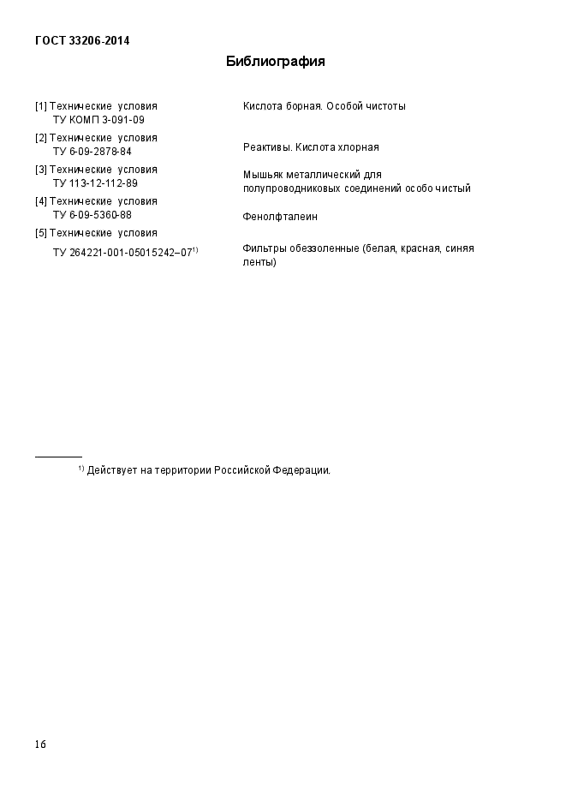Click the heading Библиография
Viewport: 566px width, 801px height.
[275, 62]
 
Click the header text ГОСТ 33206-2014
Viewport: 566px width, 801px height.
[82, 40]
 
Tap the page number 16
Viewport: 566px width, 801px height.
[40, 744]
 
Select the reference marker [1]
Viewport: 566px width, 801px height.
[41, 106]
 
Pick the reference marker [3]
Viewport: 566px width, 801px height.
[41, 170]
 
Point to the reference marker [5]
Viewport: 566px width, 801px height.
[41, 233]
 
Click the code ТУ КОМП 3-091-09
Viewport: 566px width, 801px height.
[98, 120]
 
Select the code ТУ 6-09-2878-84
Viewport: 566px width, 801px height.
[92, 152]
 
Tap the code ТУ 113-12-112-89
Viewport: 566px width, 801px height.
[95, 183]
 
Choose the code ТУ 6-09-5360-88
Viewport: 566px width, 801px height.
[92, 215]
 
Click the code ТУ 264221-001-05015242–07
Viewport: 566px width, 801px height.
[122, 253]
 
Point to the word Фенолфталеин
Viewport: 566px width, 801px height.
[280, 217]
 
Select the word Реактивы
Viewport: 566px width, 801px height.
[266, 147]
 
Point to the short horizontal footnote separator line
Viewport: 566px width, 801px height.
[58, 457]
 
